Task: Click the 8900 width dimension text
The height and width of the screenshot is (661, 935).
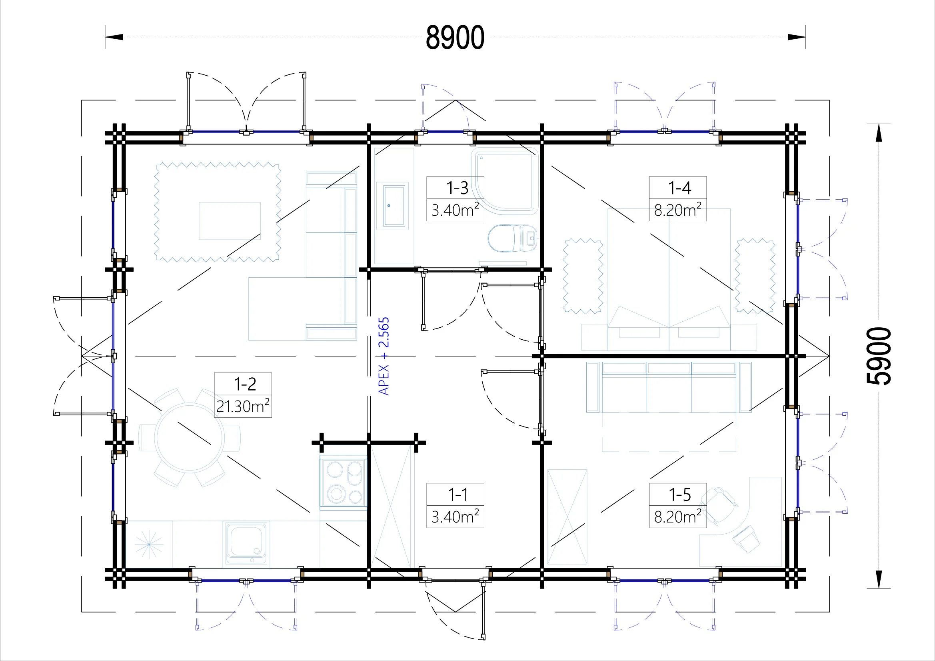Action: (455, 38)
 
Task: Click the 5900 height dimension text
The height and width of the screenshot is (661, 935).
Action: (878, 356)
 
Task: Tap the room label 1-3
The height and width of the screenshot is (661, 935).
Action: (457, 188)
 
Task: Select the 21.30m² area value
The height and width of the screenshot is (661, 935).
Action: (243, 406)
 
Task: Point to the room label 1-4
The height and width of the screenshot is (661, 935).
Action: (679, 188)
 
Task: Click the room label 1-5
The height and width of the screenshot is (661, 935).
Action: (679, 494)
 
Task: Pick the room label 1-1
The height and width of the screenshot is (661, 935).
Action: (458, 494)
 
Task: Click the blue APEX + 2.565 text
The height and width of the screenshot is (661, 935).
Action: (384, 356)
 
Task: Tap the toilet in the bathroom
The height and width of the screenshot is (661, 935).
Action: (512, 238)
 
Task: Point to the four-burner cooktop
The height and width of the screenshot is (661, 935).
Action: (343, 483)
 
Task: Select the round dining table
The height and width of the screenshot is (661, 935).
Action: (190, 438)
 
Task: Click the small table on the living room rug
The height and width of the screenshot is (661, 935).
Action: (230, 221)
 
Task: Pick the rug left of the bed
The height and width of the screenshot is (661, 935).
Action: (583, 276)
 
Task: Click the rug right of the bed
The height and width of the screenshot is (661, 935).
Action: (755, 276)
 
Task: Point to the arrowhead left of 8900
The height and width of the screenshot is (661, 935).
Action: (114, 37)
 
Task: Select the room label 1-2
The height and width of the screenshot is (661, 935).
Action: (245, 384)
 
